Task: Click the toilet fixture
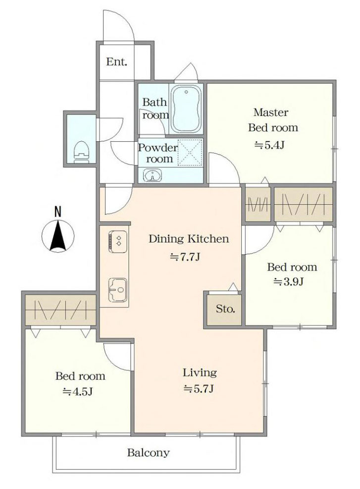tap(81, 152)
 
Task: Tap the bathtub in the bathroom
tap(186, 109)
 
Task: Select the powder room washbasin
tap(152, 175)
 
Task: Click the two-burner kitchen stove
tap(118, 241)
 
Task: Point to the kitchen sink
tap(118, 290)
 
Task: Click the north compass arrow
tap(58, 235)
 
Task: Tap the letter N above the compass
tap(57, 212)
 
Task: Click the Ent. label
tap(116, 61)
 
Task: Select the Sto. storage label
tap(225, 309)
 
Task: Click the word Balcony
tap(149, 452)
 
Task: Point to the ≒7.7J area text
tap(185, 257)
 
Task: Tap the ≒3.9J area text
tap(288, 281)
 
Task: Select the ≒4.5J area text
tap(78, 391)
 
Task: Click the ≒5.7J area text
tap(199, 388)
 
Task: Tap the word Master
tap(271, 112)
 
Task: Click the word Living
tap(200, 373)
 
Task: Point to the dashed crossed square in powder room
tap(190, 153)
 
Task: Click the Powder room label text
tap(157, 153)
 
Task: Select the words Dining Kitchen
tap(189, 239)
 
